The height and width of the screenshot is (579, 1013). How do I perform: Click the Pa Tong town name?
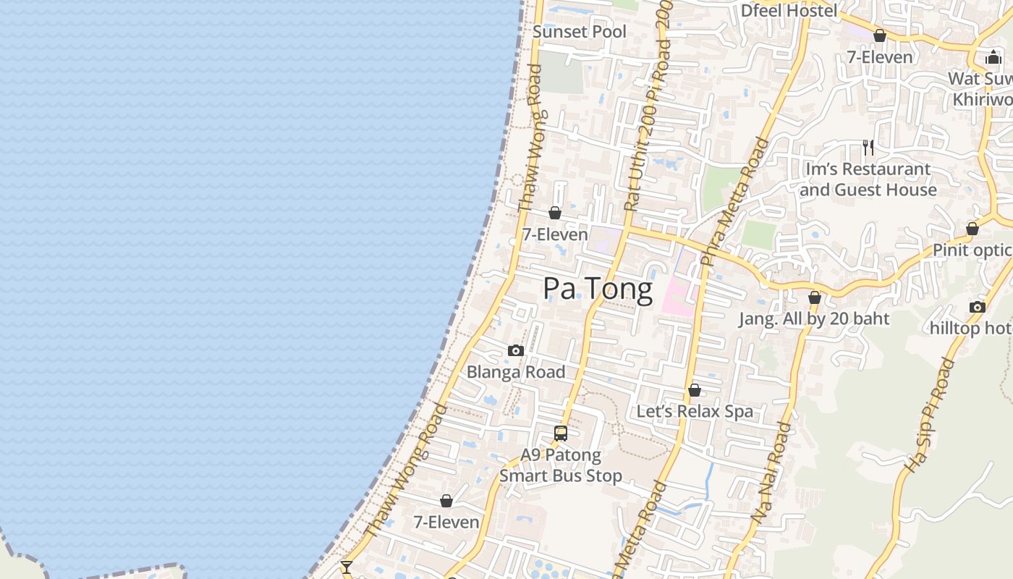tap(598, 289)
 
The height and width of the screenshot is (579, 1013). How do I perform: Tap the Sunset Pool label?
tap(580, 32)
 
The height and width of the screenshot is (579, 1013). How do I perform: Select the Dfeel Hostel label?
tap(789, 10)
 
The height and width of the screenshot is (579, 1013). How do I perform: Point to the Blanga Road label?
tap(516, 372)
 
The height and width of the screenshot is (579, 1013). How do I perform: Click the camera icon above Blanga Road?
tap(516, 351)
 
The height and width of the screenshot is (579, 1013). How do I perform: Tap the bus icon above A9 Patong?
tap(561, 434)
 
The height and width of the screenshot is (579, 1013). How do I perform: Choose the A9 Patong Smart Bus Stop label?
tap(561, 465)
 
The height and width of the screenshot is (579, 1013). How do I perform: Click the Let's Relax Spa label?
tap(695, 411)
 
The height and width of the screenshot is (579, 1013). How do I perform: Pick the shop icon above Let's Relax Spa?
tap(695, 391)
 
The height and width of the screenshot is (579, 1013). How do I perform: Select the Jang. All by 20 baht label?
tap(814, 318)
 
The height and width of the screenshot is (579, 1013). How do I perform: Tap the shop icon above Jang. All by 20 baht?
tap(815, 297)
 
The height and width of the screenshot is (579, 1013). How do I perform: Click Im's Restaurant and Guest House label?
tap(868, 179)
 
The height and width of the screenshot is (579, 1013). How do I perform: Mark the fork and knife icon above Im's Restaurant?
tap(868, 148)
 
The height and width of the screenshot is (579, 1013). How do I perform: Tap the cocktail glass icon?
tap(347, 567)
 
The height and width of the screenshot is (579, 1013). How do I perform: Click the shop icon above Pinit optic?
tap(972, 229)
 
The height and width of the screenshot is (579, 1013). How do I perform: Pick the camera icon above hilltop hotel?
tap(978, 307)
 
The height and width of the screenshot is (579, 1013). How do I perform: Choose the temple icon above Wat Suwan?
tap(993, 57)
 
